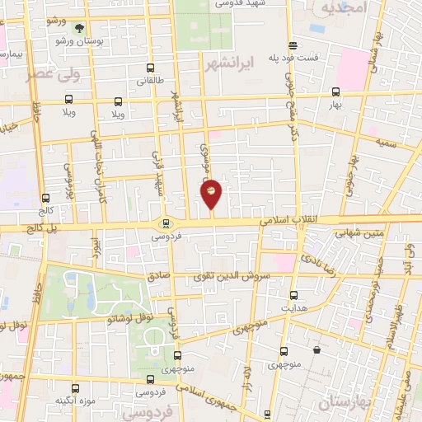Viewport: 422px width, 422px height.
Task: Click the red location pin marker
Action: pyautogui.click(x=211, y=193)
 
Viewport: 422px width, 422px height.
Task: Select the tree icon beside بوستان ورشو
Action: pyautogui.click(x=80, y=27)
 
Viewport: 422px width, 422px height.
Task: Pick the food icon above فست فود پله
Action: pyautogui.click(x=292, y=45)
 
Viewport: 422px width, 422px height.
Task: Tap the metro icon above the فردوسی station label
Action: pyautogui.click(x=166, y=223)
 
